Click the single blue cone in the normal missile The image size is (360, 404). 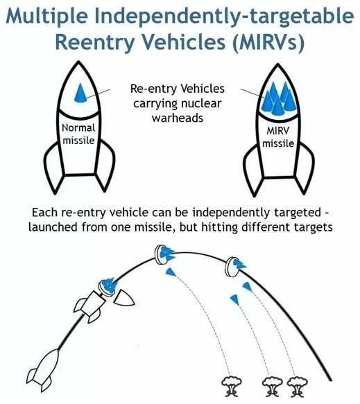pos(80,94)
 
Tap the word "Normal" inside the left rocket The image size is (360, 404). pos(78,128)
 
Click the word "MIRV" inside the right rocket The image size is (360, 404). pos(277,131)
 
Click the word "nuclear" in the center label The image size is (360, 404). pos(201,103)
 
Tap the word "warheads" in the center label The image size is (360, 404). pos(178,118)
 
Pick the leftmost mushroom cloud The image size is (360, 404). pos(232,386)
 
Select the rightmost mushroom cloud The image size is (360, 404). pos(298,387)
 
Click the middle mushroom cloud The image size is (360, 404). pos(273,387)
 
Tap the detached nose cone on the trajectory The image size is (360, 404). pos(123,297)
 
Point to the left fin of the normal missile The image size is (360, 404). pos(53,168)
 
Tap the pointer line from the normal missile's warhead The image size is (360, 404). pos(98,94)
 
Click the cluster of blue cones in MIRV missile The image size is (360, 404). pos(278,98)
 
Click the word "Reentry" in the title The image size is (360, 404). pos(94,42)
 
